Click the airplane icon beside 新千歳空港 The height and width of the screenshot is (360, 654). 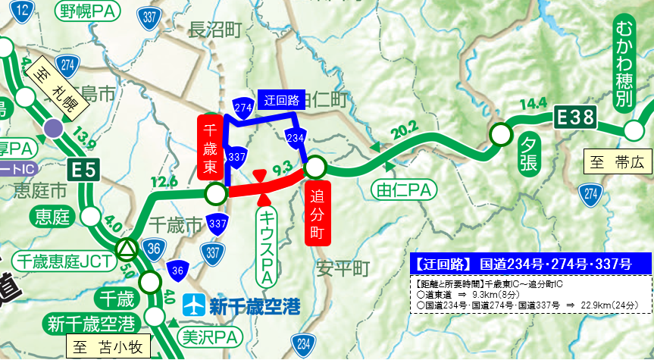196,306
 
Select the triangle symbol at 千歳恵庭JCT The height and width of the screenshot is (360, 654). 127,248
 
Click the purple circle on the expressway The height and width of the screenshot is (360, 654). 53,127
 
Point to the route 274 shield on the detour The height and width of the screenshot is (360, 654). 243,108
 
